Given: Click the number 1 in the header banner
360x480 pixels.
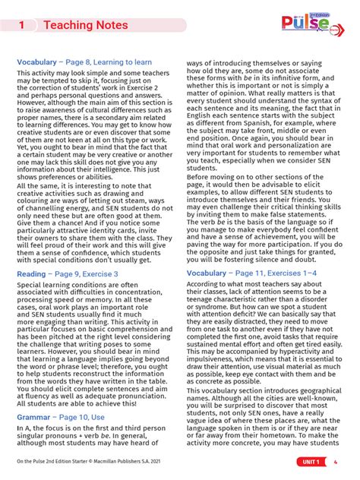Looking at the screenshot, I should pos(23,25).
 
